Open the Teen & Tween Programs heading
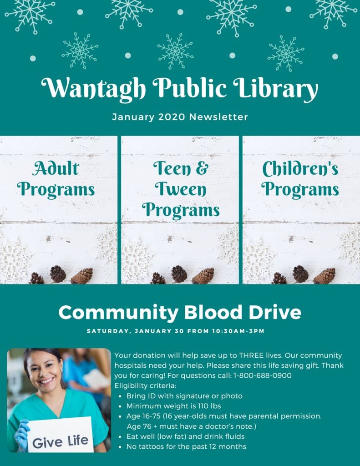point(180,189)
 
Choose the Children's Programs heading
point(300,179)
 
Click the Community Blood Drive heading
point(180,313)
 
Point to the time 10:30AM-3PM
point(238,331)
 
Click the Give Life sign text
point(61,441)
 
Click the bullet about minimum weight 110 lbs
point(173,406)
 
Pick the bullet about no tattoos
point(186,446)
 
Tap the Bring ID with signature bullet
point(184,396)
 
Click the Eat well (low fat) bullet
point(185,436)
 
